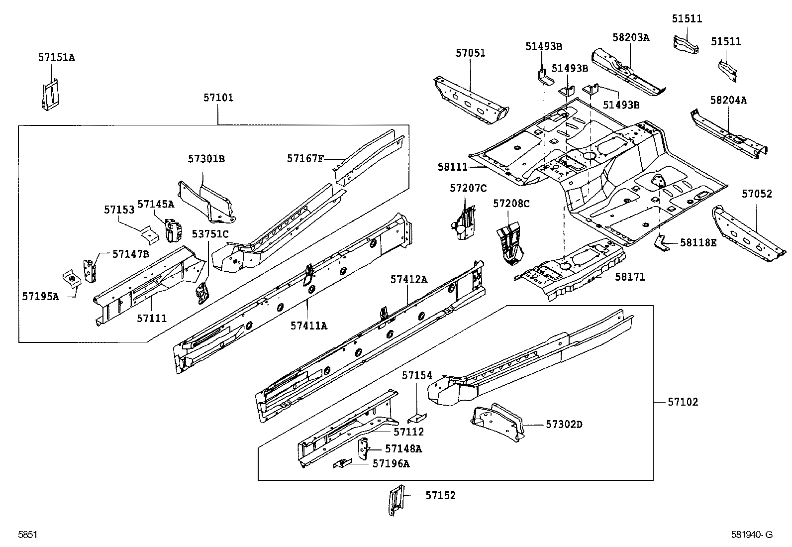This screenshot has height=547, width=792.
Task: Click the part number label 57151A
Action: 56,58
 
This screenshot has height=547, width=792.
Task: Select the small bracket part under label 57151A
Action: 51,94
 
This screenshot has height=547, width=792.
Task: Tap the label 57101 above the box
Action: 218,98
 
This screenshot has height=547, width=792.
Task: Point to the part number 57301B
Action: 206,159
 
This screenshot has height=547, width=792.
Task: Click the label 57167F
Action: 305,158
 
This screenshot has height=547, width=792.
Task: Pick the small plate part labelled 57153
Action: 148,233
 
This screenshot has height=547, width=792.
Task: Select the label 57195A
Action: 40,297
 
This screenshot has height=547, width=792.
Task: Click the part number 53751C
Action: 210,234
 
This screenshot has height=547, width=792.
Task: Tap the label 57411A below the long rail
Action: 309,326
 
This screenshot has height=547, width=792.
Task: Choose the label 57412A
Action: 408,280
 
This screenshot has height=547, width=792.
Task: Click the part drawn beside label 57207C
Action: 465,221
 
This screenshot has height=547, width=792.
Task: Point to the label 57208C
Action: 511,204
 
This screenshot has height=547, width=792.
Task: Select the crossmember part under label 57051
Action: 470,102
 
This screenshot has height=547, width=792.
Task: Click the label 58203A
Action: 631,37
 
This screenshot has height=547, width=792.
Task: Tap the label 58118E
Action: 698,243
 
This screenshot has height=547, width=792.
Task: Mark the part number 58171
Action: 630,277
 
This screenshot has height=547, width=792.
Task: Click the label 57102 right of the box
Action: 683,402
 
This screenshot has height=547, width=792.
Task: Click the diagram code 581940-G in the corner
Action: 752,535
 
